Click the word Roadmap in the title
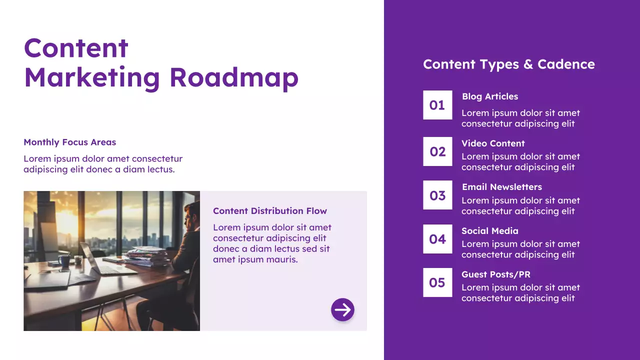tap(233, 77)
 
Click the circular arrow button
tap(342, 310)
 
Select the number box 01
tap(437, 105)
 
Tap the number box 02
tap(437, 151)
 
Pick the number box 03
tap(437, 195)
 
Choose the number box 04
tap(437, 239)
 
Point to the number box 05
tap(437, 282)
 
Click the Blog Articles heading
tap(490, 96)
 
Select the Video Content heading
tap(493, 143)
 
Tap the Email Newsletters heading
tap(501, 187)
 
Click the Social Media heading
tap(490, 231)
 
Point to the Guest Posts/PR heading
tap(496, 274)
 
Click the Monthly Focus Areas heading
tap(69, 142)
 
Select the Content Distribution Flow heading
tap(270, 211)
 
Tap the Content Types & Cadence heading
tap(509, 64)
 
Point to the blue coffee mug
tap(64, 260)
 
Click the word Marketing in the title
tap(92, 77)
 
